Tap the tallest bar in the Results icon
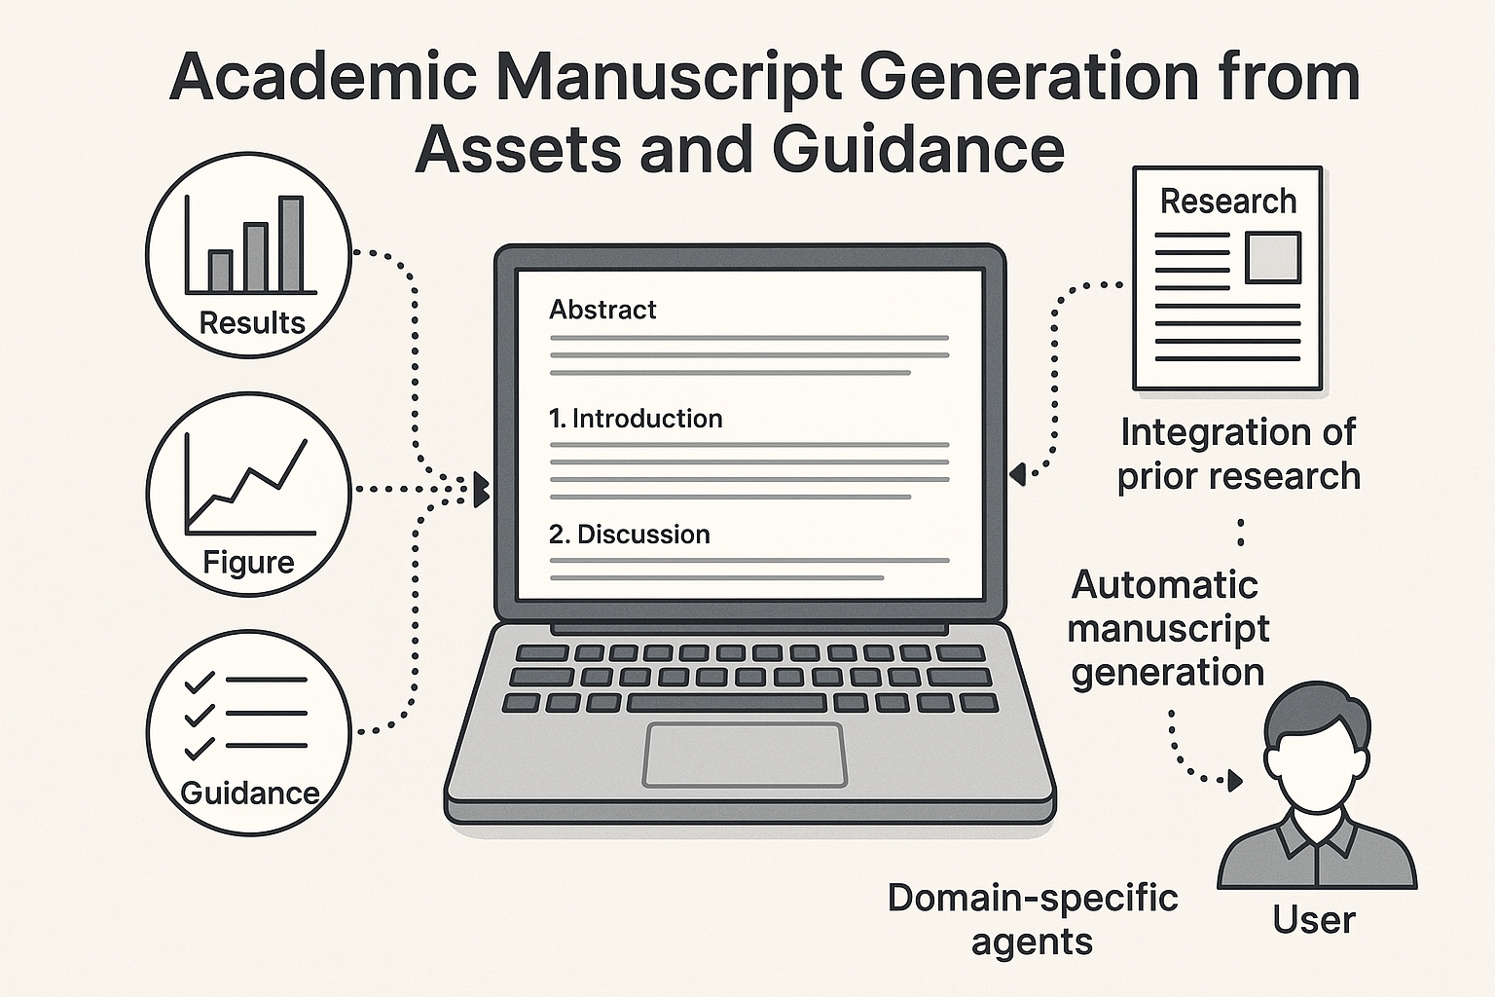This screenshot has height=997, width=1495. point(291,243)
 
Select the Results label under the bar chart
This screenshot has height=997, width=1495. point(251,322)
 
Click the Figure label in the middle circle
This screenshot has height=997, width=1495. point(248,562)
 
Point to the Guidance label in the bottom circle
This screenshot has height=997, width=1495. point(249,793)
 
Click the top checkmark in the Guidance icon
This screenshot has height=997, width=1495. point(199,682)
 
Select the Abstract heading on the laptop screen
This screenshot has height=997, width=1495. point(602,310)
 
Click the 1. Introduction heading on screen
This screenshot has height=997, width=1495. point(635,419)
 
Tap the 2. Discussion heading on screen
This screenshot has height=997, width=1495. point(629,535)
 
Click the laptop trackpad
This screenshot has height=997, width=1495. point(744,755)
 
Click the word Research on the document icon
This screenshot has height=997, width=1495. point(1227,202)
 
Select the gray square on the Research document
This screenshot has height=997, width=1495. point(1273,257)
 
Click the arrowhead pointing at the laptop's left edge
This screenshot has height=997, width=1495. point(481,490)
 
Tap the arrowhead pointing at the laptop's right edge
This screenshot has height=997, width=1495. point(1017,474)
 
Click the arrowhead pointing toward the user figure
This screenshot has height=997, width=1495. point(1235,780)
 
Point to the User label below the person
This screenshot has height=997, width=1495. point(1313,920)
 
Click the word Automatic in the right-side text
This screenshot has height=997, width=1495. point(1164,585)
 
